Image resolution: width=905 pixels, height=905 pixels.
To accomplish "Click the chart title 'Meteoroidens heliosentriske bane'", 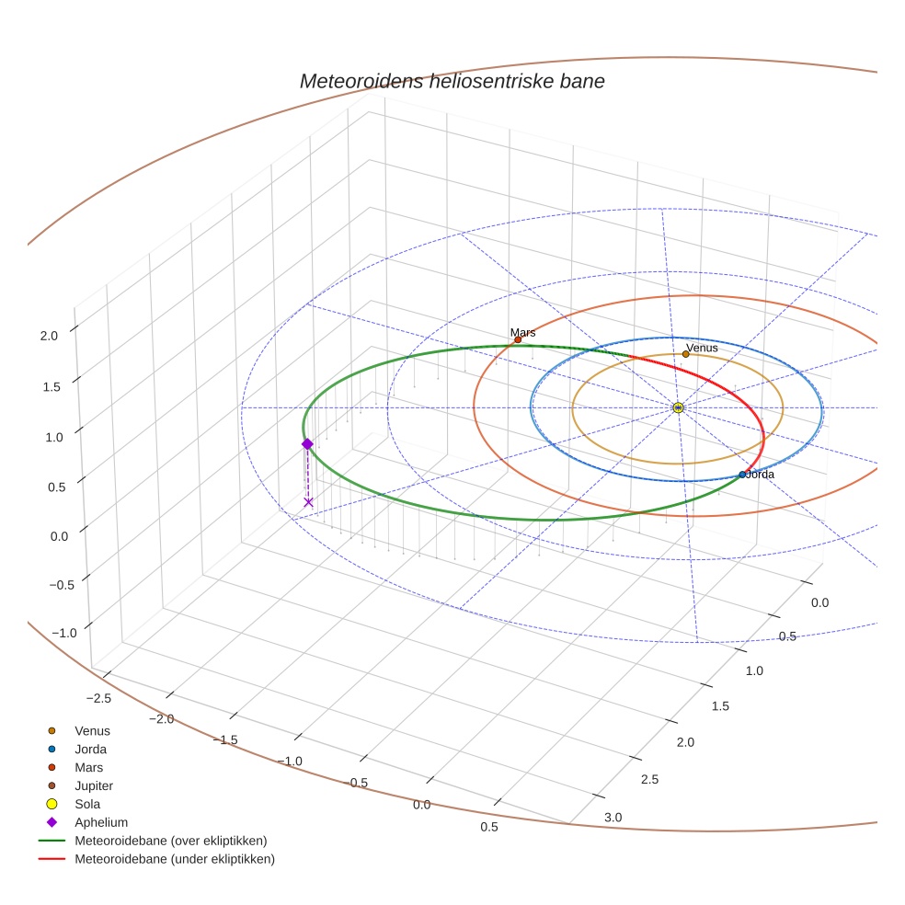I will pos(452,81).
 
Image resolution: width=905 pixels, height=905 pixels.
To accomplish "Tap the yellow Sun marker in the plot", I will pos(678,407).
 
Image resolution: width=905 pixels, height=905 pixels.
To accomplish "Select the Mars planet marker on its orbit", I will pos(518,339).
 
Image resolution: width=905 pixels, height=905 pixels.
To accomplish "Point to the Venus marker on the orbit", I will pos(686,354).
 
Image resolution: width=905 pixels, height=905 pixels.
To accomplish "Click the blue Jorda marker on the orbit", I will pos(742,475).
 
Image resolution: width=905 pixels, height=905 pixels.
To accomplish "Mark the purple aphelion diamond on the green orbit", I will pos(307,443).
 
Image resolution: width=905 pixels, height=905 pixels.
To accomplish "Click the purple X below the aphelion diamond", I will pos(308,502).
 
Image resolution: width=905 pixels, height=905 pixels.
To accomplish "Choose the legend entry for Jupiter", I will pos(94,785).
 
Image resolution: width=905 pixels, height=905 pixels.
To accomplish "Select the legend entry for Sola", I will pos(87,804).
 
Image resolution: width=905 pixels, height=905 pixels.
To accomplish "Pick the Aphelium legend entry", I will pos(100,822).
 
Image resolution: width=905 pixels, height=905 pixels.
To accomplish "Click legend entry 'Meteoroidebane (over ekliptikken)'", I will pos(170,841).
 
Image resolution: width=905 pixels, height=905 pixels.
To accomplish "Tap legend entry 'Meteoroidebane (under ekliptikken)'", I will pos(174,859).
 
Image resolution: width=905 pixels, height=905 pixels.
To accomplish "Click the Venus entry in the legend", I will pos(92,730).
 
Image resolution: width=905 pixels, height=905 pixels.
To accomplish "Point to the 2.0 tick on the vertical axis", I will pos(49,336).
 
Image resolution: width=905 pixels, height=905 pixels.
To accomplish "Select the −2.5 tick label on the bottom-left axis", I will pos(96,697).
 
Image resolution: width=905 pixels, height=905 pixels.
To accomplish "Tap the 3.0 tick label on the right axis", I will pos(613,817).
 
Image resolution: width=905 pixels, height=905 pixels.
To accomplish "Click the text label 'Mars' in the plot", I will pos(522,332).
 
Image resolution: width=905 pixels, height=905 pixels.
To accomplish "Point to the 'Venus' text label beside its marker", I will pos(703,348).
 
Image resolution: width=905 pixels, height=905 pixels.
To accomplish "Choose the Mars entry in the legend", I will pos(88,767).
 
